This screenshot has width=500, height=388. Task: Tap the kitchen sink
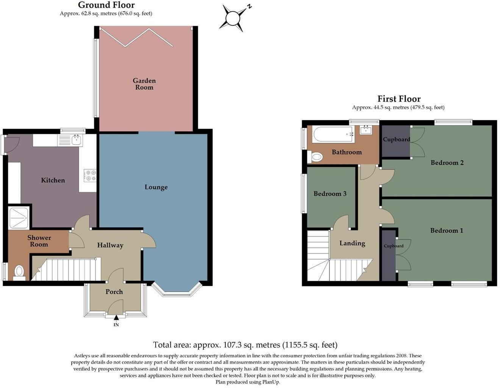(76, 140)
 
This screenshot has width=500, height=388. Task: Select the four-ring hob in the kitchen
(91, 175)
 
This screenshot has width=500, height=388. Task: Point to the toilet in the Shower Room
(19, 272)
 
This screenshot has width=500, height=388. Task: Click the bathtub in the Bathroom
(333, 134)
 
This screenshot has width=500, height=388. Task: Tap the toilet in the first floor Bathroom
(316, 156)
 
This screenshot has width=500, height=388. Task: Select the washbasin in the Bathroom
(366, 131)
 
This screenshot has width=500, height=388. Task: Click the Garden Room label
(144, 84)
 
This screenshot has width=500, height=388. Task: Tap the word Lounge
(156, 187)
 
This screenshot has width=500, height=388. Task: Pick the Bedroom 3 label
(330, 194)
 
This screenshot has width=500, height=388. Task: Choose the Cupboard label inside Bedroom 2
(396, 139)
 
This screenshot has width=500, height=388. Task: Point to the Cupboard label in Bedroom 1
(394, 246)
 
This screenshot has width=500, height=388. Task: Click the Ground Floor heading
(106, 5)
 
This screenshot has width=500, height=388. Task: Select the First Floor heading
(399, 99)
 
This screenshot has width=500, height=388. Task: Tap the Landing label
(352, 243)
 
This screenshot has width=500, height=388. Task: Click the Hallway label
(110, 245)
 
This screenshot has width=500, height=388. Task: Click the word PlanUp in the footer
(272, 382)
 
